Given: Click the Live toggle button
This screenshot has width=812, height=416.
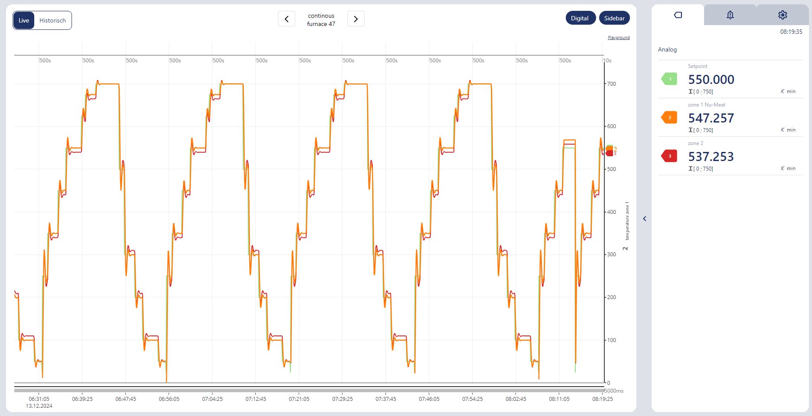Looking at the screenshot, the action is tap(24, 20).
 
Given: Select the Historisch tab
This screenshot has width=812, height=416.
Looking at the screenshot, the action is tap(52, 20).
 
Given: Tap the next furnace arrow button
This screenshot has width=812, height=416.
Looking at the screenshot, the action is tap(355, 19).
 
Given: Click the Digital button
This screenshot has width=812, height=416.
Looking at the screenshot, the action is tap(580, 18).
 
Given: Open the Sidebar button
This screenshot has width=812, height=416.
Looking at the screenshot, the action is tap(614, 18).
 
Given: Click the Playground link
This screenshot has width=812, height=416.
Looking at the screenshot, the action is tap(619, 38).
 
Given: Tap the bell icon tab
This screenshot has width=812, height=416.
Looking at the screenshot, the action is tap(730, 15).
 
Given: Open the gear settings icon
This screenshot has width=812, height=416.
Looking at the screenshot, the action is tap(783, 15).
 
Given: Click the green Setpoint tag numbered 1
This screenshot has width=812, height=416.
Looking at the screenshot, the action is tap(669, 79).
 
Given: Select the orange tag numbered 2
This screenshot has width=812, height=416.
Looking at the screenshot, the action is tap(669, 117).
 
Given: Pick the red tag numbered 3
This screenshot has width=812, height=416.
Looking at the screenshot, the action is tap(669, 156).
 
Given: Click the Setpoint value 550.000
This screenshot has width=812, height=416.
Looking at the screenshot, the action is tap(711, 80).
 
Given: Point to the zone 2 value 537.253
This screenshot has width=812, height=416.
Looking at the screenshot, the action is tap(711, 157).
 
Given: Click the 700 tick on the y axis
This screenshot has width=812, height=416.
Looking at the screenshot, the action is tap(611, 84).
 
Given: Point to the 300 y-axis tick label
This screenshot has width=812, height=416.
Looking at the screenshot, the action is tap(611, 255).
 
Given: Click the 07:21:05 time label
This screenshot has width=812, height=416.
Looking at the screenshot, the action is tap(299, 399).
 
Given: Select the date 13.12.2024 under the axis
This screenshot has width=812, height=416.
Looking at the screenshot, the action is tap(39, 406).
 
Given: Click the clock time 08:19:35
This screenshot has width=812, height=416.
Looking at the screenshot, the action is tap(791, 32).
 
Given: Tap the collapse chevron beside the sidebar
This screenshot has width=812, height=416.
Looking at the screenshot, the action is tap(645, 219).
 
